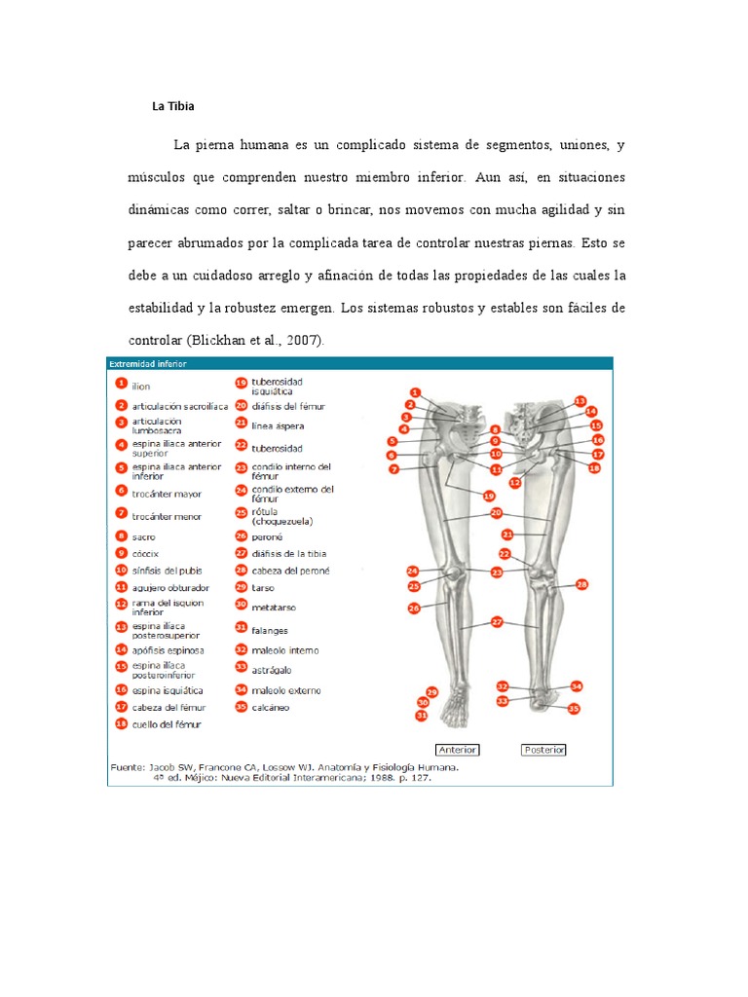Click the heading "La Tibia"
pyautogui.click(x=173, y=106)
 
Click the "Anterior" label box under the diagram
pyautogui.click(x=458, y=750)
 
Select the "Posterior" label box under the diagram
pyautogui.click(x=543, y=750)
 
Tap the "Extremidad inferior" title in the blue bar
pyautogui.click(x=148, y=363)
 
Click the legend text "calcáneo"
pyautogui.click(x=271, y=707)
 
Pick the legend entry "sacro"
pyautogui.click(x=144, y=536)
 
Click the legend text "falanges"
pyautogui.click(x=270, y=630)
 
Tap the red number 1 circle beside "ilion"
pyautogui.click(x=121, y=385)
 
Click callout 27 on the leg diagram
pyautogui.click(x=497, y=621)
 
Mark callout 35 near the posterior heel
pyautogui.click(x=574, y=709)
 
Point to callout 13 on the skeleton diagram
pyautogui.click(x=580, y=400)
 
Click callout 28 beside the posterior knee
pyautogui.click(x=582, y=585)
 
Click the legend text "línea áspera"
pyautogui.click(x=278, y=425)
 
